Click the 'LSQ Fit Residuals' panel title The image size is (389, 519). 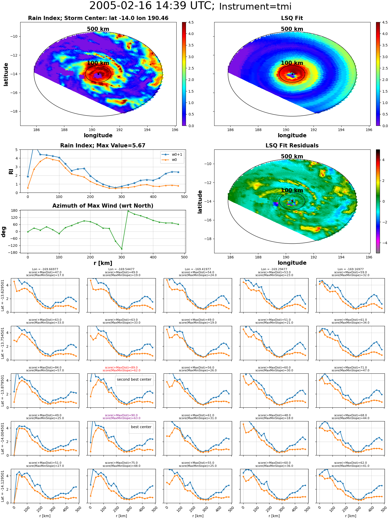click(292, 146)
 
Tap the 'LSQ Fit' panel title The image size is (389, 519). click(292, 18)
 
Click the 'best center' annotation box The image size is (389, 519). click(141, 427)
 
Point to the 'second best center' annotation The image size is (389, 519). click(134, 379)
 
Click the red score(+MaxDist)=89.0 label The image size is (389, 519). click(121, 367)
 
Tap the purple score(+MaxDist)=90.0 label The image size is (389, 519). click(121, 415)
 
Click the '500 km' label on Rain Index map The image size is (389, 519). click(98, 29)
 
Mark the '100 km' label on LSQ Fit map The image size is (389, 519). click(292, 63)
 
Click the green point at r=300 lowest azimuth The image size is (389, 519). click(122, 249)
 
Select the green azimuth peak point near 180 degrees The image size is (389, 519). click(128, 211)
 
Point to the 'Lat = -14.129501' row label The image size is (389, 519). click(3, 486)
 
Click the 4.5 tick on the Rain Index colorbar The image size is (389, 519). click(191, 22)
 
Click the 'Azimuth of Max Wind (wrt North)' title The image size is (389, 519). click(103, 206)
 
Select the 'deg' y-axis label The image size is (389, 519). click(4, 232)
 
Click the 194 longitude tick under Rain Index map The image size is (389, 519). click(147, 130)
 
